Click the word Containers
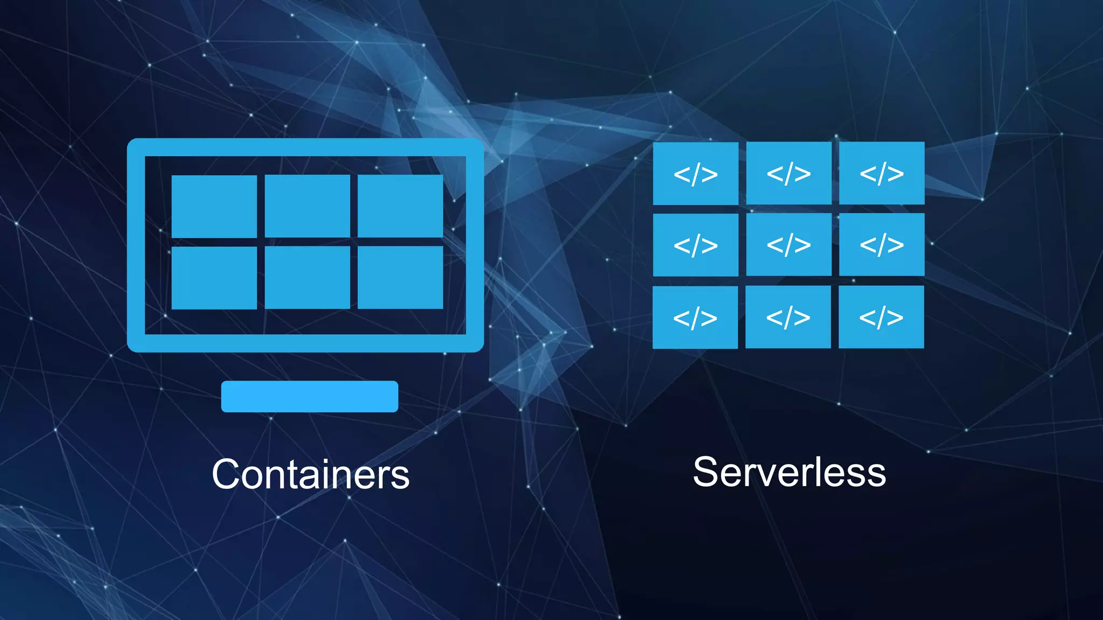(x=311, y=474)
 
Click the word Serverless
(x=789, y=472)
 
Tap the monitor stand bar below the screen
(x=310, y=397)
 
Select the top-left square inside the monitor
(x=214, y=206)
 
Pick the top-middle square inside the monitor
(x=307, y=206)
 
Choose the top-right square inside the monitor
(x=400, y=206)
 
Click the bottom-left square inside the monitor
(x=214, y=278)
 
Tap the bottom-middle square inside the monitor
(x=307, y=277)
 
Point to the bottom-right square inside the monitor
(x=400, y=277)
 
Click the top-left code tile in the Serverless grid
(x=695, y=173)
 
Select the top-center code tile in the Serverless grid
(x=788, y=173)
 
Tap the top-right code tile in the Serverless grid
(x=882, y=173)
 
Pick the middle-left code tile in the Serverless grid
(x=695, y=245)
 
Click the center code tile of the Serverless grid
(x=788, y=244)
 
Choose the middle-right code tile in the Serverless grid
(x=882, y=244)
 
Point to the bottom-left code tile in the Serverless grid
(x=695, y=317)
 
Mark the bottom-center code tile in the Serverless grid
(x=788, y=316)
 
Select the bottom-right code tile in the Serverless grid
(x=881, y=316)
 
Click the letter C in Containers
(x=226, y=474)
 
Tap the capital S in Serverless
(x=706, y=472)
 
